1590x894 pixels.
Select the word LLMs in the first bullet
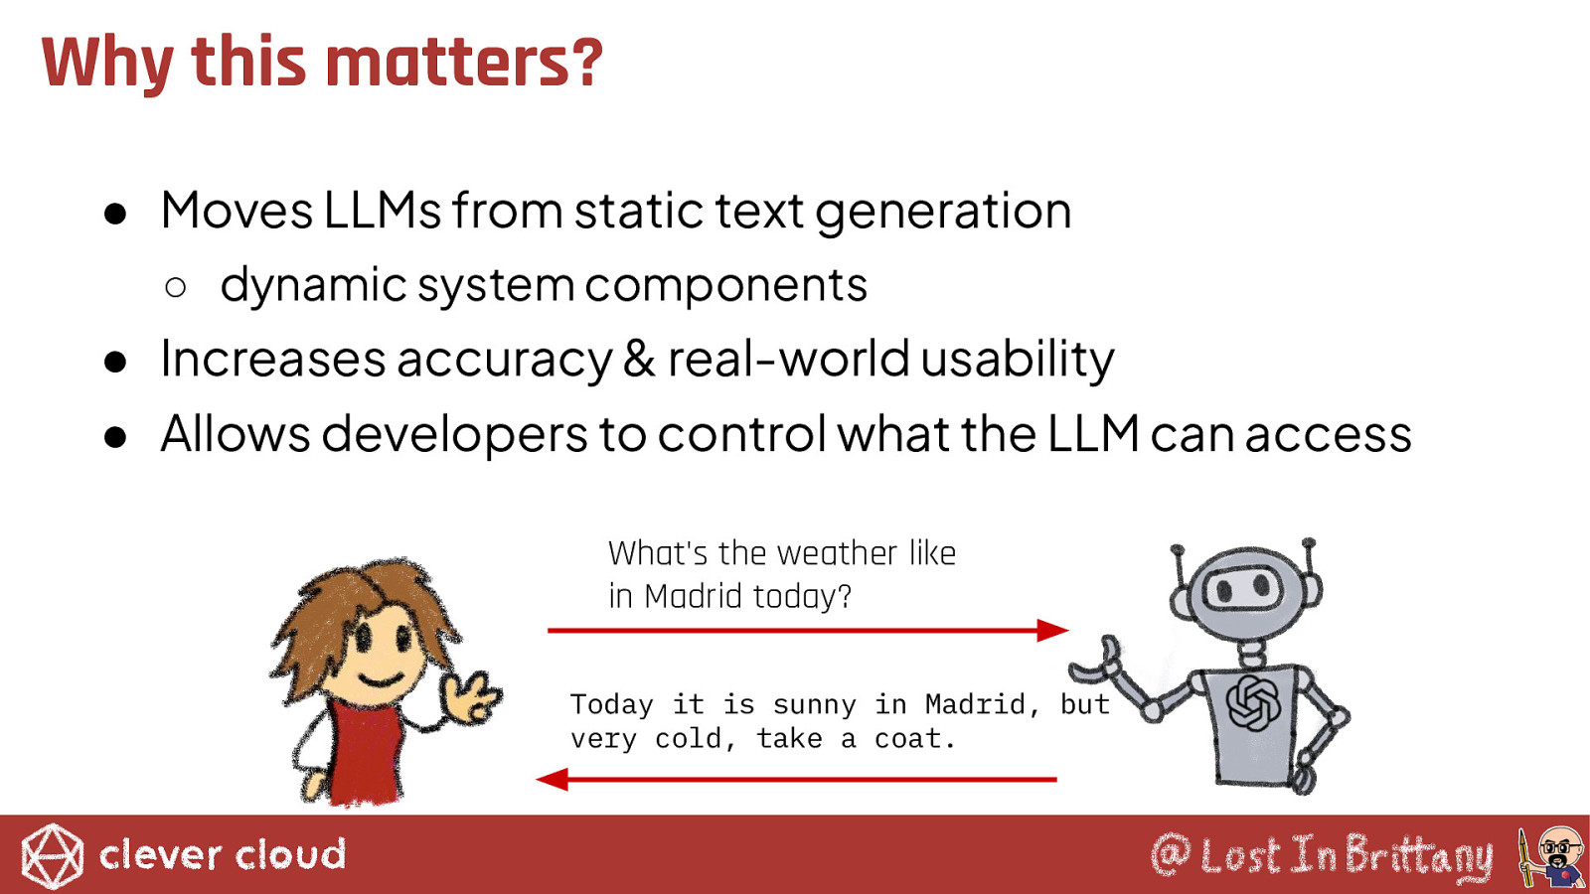[x=382, y=211]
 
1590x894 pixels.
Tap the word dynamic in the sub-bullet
[x=313, y=285]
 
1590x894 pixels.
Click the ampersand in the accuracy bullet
[x=639, y=359]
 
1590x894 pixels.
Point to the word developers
[x=454, y=433]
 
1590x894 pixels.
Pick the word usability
[x=1018, y=359]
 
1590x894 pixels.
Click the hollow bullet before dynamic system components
[x=175, y=287]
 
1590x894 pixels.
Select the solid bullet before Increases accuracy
[x=115, y=362]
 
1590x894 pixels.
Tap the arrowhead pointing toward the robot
[x=1052, y=630]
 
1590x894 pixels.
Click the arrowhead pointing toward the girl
[x=552, y=779]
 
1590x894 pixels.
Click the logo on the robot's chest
[x=1253, y=702]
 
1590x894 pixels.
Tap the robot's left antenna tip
[x=1177, y=550]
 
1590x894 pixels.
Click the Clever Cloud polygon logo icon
[x=52, y=856]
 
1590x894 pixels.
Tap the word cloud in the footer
[x=290, y=854]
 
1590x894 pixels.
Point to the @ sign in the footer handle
[x=1171, y=855]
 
